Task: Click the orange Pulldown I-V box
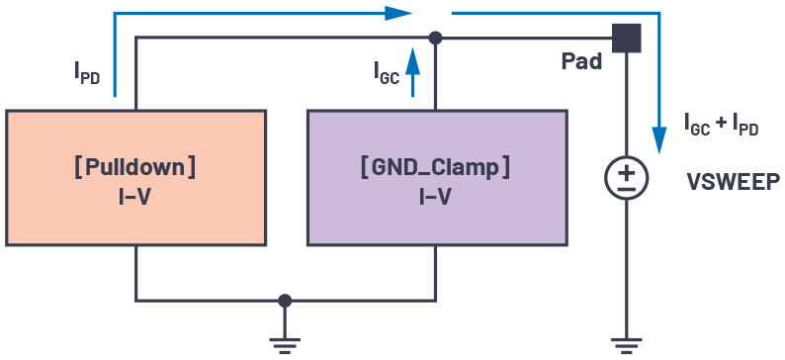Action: coord(135,178)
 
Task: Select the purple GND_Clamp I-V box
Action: coord(436,178)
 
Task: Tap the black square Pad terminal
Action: coord(627,38)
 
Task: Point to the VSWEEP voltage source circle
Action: coord(627,178)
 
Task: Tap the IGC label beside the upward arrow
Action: coord(386,71)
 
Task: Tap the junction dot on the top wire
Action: coord(435,38)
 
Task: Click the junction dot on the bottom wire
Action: coord(285,300)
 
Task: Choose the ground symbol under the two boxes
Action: coord(285,343)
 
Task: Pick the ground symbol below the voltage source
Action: coord(627,343)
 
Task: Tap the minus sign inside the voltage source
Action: coord(627,187)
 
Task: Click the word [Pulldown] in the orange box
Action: coord(135,166)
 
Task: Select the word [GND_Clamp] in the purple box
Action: coord(436,166)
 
